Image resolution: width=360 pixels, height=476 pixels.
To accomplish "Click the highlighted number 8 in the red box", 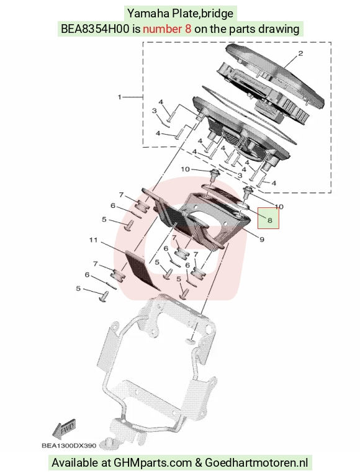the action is coord(270,220).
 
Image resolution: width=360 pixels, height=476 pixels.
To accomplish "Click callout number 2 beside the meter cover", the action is coord(300,53).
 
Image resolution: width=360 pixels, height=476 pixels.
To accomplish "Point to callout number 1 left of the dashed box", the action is coord(119,97).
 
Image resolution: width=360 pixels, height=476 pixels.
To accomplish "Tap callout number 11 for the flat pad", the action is coord(93,240).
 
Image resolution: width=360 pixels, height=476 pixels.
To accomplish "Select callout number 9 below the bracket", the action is coord(262,240).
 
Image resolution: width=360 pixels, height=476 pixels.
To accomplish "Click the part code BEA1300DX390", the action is coord(69,446).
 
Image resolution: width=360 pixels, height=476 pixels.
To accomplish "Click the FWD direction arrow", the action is coord(63,429).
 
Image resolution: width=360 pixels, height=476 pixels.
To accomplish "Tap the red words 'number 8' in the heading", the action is coord(167,29).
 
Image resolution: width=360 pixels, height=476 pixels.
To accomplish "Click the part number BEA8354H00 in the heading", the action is coord(95,29).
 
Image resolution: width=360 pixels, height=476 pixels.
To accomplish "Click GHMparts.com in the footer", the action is coord(153,463).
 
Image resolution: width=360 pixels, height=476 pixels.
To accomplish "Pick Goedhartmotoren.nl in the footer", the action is coord(256,462).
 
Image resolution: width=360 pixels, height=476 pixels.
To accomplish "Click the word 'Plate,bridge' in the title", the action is coord(203,14).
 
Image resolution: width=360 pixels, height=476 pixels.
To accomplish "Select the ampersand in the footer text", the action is coord(199,462).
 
